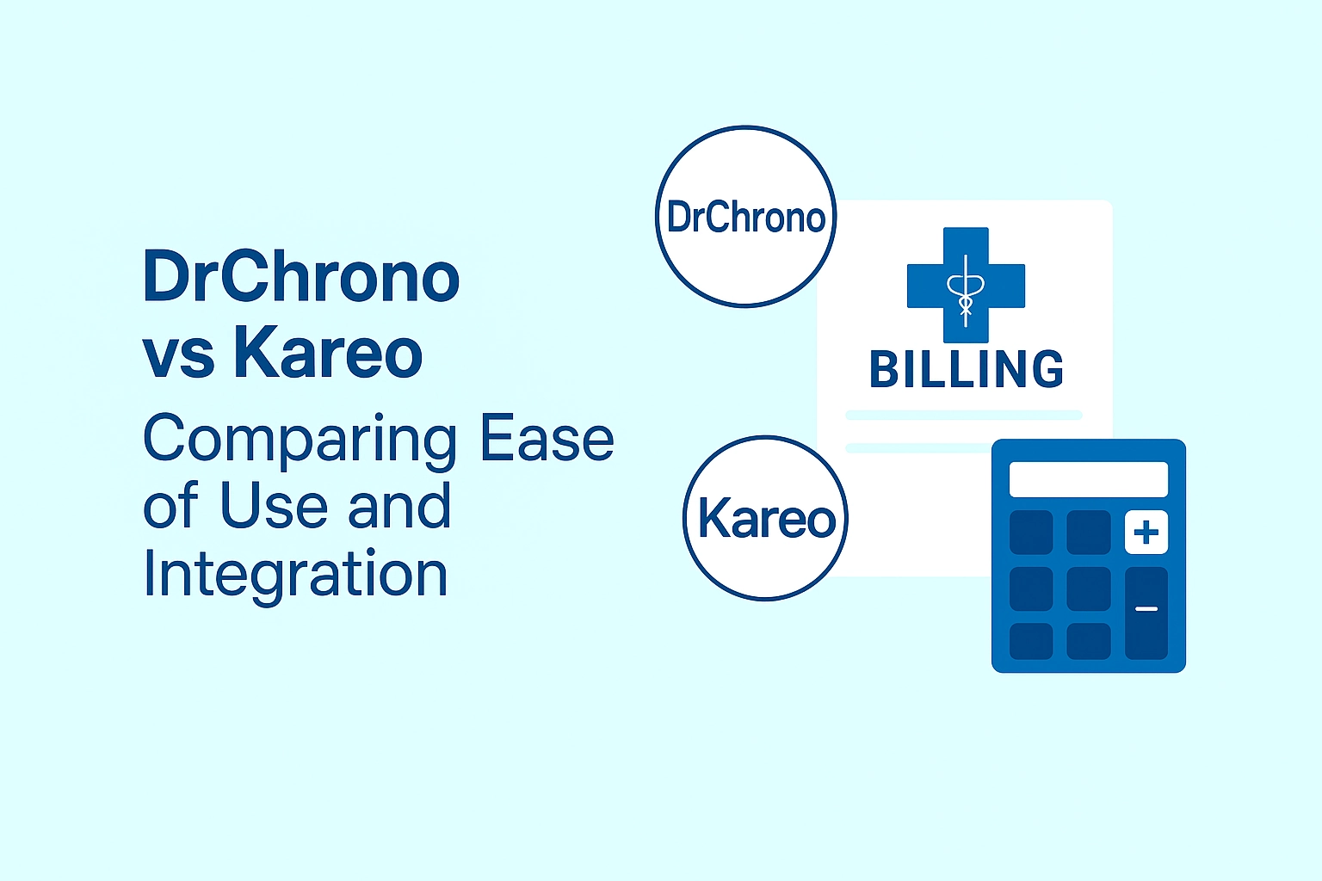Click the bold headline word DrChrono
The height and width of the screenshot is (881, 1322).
(301, 276)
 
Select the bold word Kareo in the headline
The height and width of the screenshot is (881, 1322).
(328, 352)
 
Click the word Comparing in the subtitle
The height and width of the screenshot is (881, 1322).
(300, 441)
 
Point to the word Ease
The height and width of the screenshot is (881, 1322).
(547, 437)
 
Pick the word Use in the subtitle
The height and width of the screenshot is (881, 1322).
(273, 505)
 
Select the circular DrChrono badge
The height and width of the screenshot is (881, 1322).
(745, 217)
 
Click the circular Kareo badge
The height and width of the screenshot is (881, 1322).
(765, 519)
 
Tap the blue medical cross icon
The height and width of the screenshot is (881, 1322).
(966, 285)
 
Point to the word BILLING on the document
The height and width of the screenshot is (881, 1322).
(967, 369)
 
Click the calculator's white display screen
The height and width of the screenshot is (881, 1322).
(1088, 479)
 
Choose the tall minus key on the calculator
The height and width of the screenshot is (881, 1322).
(1146, 613)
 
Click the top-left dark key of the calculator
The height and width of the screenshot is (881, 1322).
(1031, 533)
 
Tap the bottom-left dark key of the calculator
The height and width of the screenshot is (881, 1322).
(1031, 642)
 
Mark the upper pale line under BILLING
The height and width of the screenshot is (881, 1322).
(964, 416)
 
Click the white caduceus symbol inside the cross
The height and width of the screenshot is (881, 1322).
(966, 291)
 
